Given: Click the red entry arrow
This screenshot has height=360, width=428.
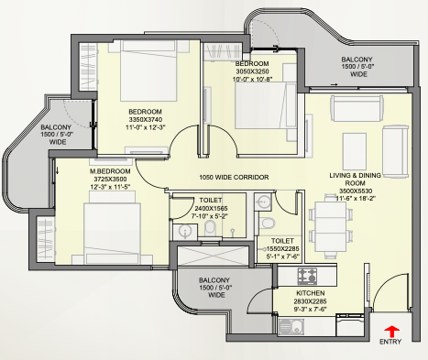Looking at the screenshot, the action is [391, 332].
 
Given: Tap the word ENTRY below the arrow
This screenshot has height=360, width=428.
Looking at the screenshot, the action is [390, 342].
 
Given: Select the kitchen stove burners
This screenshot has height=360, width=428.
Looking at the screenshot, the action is [307, 276].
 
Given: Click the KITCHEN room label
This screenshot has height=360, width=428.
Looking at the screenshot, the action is [311, 293].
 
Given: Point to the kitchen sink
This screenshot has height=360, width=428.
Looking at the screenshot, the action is [291, 327].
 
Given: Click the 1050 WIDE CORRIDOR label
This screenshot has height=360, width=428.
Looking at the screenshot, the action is [234, 177].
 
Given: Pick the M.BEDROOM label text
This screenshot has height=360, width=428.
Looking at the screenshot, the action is [110, 171].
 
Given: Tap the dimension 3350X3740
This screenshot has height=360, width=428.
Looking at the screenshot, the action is [145, 119].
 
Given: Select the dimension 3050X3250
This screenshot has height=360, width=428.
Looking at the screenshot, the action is [252, 71].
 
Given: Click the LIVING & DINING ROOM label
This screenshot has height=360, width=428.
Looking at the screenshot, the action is [355, 180].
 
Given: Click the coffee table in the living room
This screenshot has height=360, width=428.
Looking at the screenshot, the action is [355, 151].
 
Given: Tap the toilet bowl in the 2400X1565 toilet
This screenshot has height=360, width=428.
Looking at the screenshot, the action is [210, 228].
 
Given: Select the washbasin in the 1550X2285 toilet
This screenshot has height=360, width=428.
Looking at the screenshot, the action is [262, 202].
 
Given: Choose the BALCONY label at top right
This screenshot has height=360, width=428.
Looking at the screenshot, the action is [357, 67].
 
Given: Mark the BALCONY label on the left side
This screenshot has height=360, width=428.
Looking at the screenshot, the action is [56, 135].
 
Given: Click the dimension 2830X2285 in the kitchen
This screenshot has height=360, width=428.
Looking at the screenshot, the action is [311, 301].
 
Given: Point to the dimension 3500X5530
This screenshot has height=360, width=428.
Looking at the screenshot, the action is [356, 191].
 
